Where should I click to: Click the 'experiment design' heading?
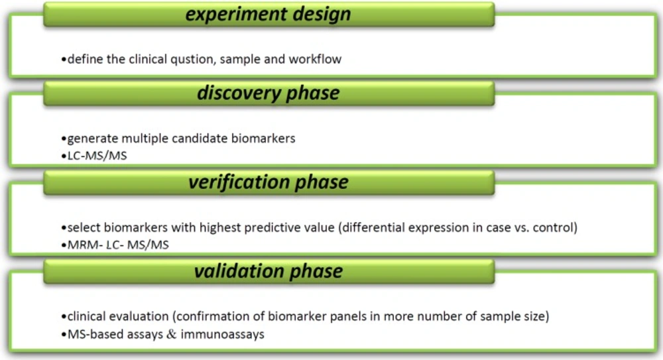click(268, 14)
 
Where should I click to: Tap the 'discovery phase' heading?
click(268, 93)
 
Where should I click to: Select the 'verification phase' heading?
click(268, 182)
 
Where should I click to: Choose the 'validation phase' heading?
click(268, 271)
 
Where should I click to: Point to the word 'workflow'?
click(315, 59)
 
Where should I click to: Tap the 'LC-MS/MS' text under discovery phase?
click(97, 156)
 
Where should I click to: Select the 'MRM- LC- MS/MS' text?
click(118, 245)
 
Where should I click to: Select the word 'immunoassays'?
click(222, 334)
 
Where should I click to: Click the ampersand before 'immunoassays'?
click(171, 334)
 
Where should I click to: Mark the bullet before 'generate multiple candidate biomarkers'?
click(64, 139)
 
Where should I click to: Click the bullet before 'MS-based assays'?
click(64, 335)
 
